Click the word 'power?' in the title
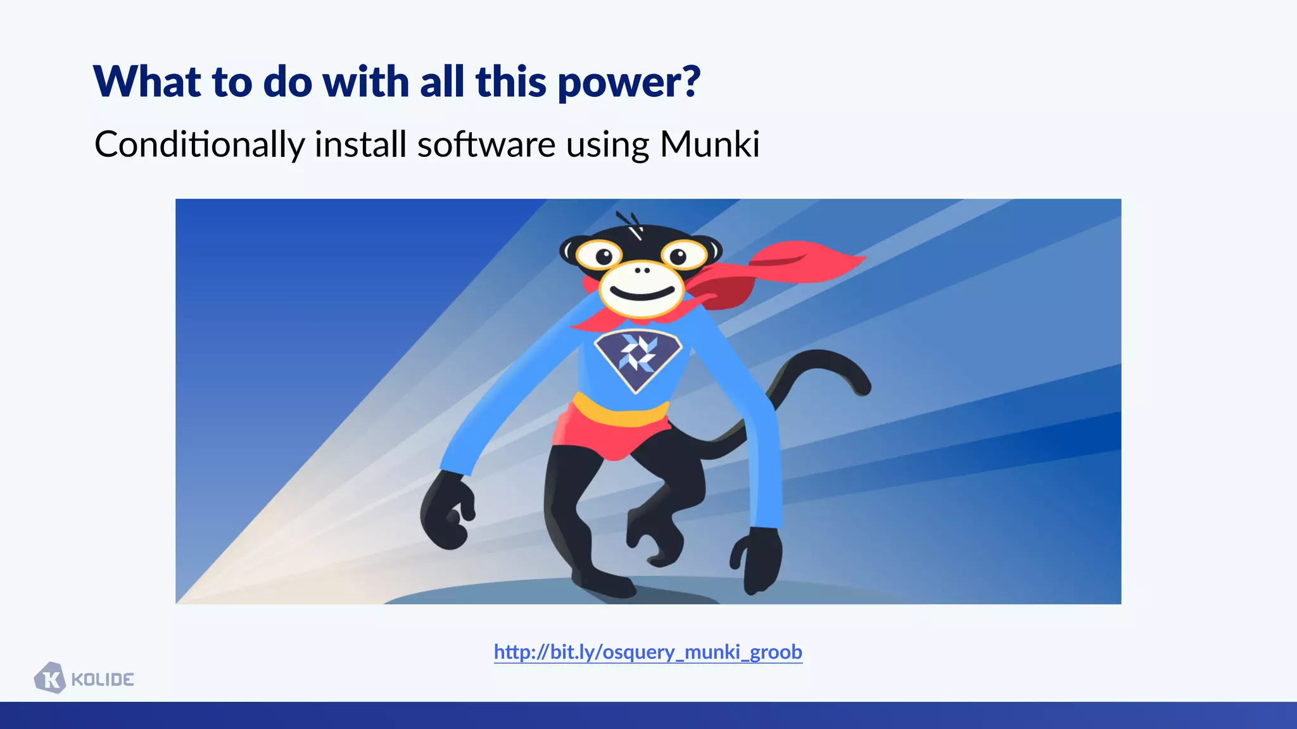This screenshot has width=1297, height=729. coord(629,83)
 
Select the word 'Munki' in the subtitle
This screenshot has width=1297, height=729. coord(709,144)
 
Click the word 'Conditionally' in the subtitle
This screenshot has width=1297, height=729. coord(199,144)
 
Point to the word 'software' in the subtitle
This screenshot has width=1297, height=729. coord(486,144)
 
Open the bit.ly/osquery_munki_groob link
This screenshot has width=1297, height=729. coord(648,652)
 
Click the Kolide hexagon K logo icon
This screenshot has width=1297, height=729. coord(50,678)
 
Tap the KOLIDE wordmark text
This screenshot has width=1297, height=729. coord(103,680)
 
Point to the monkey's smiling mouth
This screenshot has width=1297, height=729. coord(642,295)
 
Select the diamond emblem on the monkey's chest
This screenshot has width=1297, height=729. coord(638,358)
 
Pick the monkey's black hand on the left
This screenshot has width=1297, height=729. coord(447,513)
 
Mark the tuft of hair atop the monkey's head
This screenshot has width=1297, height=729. coord(630,223)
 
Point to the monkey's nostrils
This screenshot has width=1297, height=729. coord(642,270)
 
